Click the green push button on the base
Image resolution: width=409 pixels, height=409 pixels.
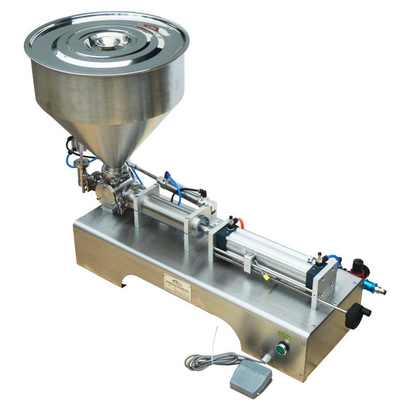click(x=281, y=349)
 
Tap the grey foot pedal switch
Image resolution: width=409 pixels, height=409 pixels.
click(x=251, y=378)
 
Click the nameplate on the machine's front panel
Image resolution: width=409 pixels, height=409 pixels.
click(x=178, y=287)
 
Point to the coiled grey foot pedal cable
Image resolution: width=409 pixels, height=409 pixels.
click(x=213, y=360)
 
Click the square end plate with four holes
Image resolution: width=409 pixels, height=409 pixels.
click(x=325, y=282)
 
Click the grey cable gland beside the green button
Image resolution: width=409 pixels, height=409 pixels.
click(x=267, y=358)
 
